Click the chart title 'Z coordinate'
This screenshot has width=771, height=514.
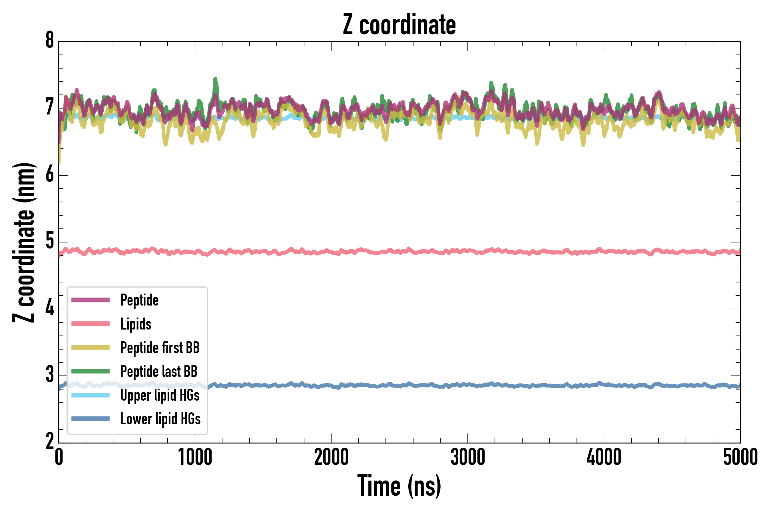pyautogui.click(x=399, y=25)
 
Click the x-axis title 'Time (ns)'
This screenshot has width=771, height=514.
pyautogui.click(x=399, y=486)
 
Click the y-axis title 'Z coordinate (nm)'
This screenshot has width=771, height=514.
pyautogui.click(x=24, y=242)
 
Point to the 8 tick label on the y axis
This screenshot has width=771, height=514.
pyautogui.click(x=50, y=41)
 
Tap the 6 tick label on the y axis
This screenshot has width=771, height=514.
pyautogui.click(x=50, y=175)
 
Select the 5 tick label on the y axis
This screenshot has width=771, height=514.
pyautogui.click(x=50, y=242)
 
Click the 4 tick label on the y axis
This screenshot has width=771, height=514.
pyautogui.click(x=50, y=308)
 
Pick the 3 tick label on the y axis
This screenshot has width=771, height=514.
pyautogui.click(x=50, y=375)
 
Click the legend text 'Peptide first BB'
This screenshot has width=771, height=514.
pyautogui.click(x=160, y=348)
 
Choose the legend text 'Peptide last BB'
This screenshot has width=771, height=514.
pyautogui.click(x=159, y=372)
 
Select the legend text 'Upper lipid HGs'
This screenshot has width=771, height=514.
pyautogui.click(x=160, y=395)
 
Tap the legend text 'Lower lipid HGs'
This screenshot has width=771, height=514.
pyautogui.click(x=160, y=419)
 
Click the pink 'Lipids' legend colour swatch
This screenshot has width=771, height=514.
pyautogui.click(x=91, y=324)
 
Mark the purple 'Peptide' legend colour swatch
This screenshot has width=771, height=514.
pyautogui.click(x=91, y=300)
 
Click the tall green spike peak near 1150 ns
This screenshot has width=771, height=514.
pyautogui.click(x=215, y=79)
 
